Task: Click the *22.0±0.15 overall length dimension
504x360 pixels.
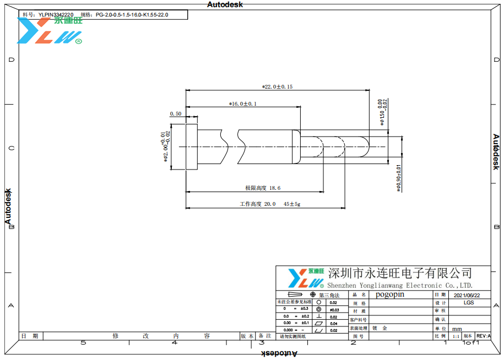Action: [x=277, y=87]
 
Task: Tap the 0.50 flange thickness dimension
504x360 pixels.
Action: [x=176, y=113]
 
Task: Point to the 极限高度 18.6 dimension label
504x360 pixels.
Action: [x=263, y=188]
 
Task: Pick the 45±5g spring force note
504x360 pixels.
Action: [x=292, y=204]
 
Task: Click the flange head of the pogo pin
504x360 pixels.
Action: [x=191, y=147]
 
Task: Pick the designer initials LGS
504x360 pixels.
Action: [x=469, y=303]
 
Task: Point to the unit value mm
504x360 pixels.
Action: [x=457, y=329]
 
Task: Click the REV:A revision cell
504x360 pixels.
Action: [x=483, y=336]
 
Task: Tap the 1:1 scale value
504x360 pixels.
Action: [x=456, y=336]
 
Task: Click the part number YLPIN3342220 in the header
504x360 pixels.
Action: [x=56, y=15]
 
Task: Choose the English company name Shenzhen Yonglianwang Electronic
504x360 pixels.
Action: [x=392, y=286]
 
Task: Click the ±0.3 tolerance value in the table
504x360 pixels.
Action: [x=304, y=309]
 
